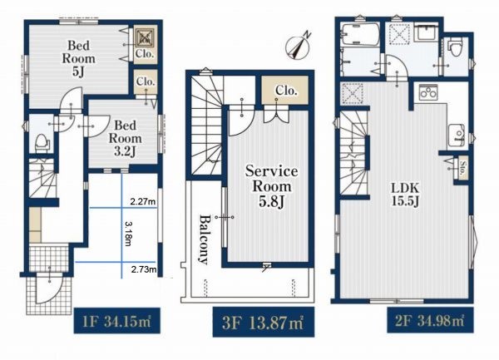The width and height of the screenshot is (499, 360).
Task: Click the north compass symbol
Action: [x=298, y=47]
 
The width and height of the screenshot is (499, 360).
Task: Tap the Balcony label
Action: [x=204, y=239]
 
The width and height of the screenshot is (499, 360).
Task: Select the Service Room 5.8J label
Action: [x=271, y=186]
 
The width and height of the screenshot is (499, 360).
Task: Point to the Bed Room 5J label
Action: [x=79, y=59]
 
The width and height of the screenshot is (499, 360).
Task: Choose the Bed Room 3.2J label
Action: [x=126, y=138]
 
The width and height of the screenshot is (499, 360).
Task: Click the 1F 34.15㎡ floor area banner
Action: [x=116, y=321]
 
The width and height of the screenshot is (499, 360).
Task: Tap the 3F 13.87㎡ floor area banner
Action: [x=264, y=322]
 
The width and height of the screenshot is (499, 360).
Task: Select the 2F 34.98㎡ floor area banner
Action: [x=430, y=320]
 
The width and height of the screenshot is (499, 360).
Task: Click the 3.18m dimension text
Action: [x=127, y=234]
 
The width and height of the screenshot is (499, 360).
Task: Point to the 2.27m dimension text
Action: [x=143, y=201]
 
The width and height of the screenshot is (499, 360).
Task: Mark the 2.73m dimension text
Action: [x=144, y=269]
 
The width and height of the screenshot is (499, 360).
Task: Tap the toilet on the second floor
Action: [x=454, y=47]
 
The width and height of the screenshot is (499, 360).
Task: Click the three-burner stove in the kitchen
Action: [x=428, y=92]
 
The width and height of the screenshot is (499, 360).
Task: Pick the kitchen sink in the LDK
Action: [x=457, y=136]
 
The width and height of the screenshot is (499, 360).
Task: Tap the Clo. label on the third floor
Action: [x=286, y=91]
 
